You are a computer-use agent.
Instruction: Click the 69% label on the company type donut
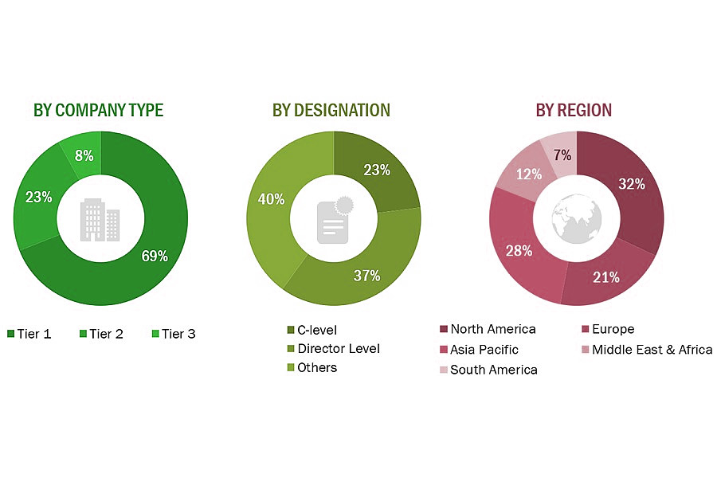[x=155, y=256]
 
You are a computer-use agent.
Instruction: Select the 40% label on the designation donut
[x=271, y=199]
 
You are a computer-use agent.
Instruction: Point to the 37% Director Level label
[x=366, y=276]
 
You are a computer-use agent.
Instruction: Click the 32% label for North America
[x=631, y=184]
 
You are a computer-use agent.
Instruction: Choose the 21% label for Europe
[x=606, y=277]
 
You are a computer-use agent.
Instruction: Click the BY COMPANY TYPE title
[x=98, y=110]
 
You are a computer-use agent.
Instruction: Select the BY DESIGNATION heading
[x=331, y=110]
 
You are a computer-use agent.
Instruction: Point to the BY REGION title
[x=574, y=110]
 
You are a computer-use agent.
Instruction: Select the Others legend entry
[x=317, y=367]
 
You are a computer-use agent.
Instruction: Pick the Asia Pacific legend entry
[x=484, y=349]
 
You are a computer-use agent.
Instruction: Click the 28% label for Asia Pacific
[x=518, y=252]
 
